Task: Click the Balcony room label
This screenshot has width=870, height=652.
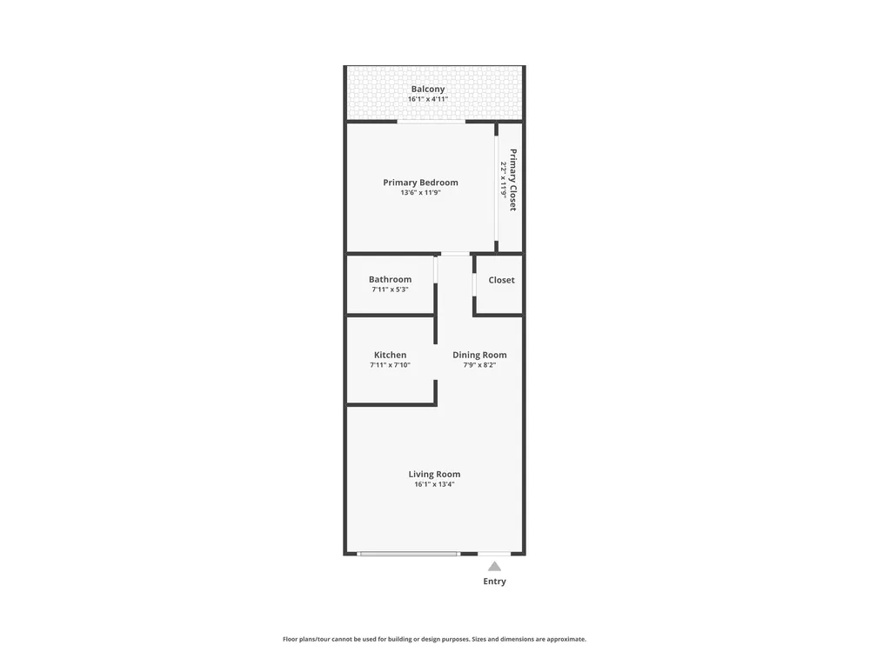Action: [x=428, y=89]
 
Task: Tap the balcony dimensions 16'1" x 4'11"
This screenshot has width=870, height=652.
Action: [x=428, y=99]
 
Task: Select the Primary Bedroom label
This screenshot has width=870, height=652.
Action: [x=420, y=183]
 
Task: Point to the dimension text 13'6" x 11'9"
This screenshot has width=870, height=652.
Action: [x=420, y=193]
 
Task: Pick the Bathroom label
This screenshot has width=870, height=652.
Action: [x=390, y=279]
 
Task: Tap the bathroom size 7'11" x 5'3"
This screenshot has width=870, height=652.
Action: [x=390, y=289]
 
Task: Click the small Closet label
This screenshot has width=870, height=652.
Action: [x=502, y=280]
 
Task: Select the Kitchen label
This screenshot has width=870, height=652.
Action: [x=390, y=355]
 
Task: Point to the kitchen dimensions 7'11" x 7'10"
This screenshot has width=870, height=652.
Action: [x=390, y=365]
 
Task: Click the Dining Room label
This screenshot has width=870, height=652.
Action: [x=479, y=355]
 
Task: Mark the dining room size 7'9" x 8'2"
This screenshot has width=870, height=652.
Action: [x=479, y=365]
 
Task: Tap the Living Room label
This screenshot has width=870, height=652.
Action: [x=434, y=474]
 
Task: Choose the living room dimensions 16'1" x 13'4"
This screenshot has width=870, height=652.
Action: [x=434, y=484]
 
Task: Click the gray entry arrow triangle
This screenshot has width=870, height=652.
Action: [x=494, y=566]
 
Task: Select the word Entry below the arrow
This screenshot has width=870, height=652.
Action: [x=494, y=581]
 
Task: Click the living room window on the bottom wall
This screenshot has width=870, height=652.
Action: [x=408, y=553]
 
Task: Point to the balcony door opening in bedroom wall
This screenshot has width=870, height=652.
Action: [x=432, y=122]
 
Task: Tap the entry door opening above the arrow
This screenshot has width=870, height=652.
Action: [x=494, y=553]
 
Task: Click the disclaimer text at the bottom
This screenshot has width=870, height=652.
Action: [x=434, y=639]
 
